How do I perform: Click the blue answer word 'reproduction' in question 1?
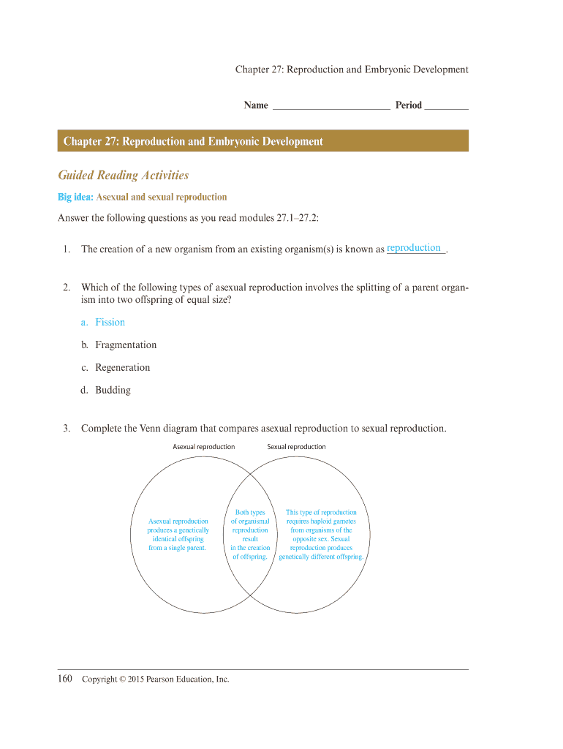tap(414, 248)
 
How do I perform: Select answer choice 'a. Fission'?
tap(103, 323)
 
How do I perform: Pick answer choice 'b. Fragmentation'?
tap(118, 345)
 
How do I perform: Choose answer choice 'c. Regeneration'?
tap(116, 368)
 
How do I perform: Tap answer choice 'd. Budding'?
tap(106, 391)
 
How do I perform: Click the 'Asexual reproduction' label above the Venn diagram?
tap(203, 447)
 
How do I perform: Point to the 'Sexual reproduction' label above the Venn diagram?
tap(296, 447)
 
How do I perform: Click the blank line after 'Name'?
tap(330, 105)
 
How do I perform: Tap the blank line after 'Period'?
tap(446, 105)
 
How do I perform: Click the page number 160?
tap(65, 680)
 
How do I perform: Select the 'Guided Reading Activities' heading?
tap(124, 176)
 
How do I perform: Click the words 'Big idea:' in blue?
tap(75, 197)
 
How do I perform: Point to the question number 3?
tap(66, 429)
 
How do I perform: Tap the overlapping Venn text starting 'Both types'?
tap(250, 513)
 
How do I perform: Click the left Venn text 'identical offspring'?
tap(178, 539)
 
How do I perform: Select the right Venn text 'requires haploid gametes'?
tap(321, 522)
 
